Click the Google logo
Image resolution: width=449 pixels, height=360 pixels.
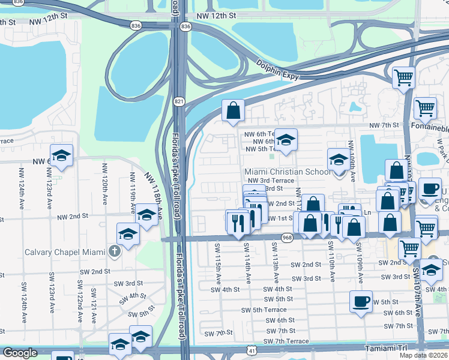(20, 353)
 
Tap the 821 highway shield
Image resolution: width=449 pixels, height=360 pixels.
(179, 103)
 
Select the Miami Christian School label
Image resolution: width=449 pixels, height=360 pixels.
(287, 172)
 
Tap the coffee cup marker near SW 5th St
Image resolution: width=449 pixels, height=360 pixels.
(361, 301)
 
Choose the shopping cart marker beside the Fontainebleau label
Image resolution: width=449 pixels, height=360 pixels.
(425, 109)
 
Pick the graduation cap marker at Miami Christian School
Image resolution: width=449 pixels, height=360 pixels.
(339, 160)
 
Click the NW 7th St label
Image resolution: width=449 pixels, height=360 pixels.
(384, 125)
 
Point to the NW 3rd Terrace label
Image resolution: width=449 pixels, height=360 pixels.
(270, 180)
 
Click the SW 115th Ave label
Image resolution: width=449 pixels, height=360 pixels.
(218, 256)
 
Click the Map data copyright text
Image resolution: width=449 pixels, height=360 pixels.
(423, 355)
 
